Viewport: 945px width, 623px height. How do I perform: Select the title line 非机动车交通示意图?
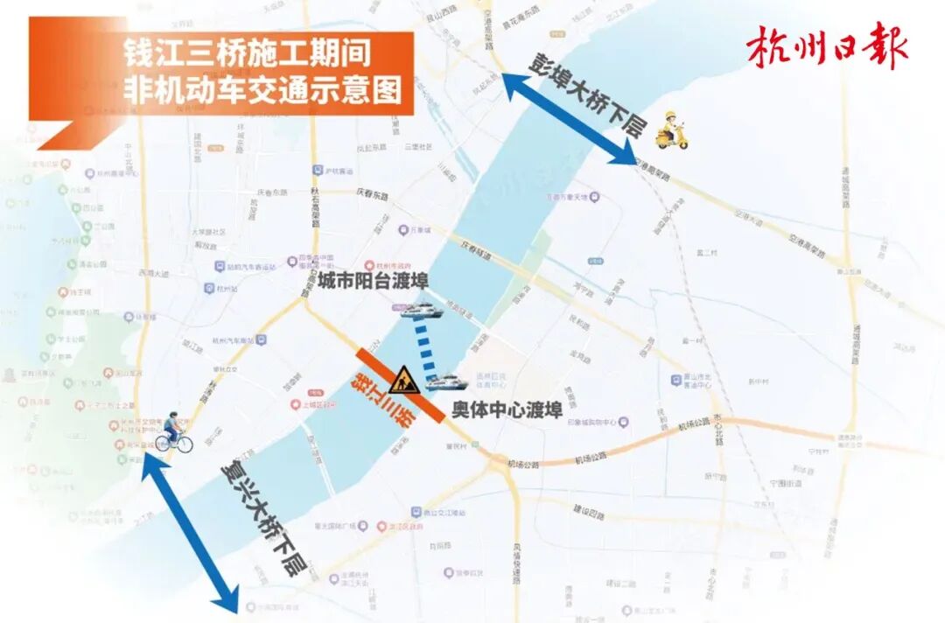(x=268, y=89)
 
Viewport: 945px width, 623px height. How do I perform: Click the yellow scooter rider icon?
(x=671, y=130)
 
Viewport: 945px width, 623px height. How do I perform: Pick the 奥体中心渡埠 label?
(x=507, y=410)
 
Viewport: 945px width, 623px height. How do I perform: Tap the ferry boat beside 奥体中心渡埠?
(x=446, y=381)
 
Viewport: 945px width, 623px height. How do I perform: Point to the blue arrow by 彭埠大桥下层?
(x=569, y=118)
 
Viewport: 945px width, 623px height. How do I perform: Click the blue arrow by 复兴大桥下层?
(x=190, y=533)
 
